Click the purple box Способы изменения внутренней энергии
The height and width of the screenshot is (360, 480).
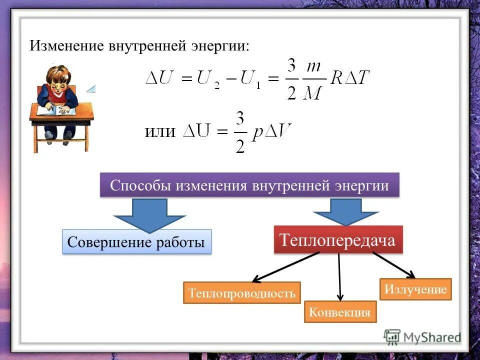[x=249, y=185]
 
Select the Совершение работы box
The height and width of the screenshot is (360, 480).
[x=136, y=242]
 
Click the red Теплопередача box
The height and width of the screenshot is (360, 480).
[x=337, y=239]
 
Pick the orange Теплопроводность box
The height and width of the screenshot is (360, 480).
[x=242, y=292]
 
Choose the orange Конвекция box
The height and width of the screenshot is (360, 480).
[x=340, y=312]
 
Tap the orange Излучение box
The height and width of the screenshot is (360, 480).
[x=415, y=289]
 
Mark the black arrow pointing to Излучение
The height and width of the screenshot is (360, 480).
[x=394, y=264]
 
